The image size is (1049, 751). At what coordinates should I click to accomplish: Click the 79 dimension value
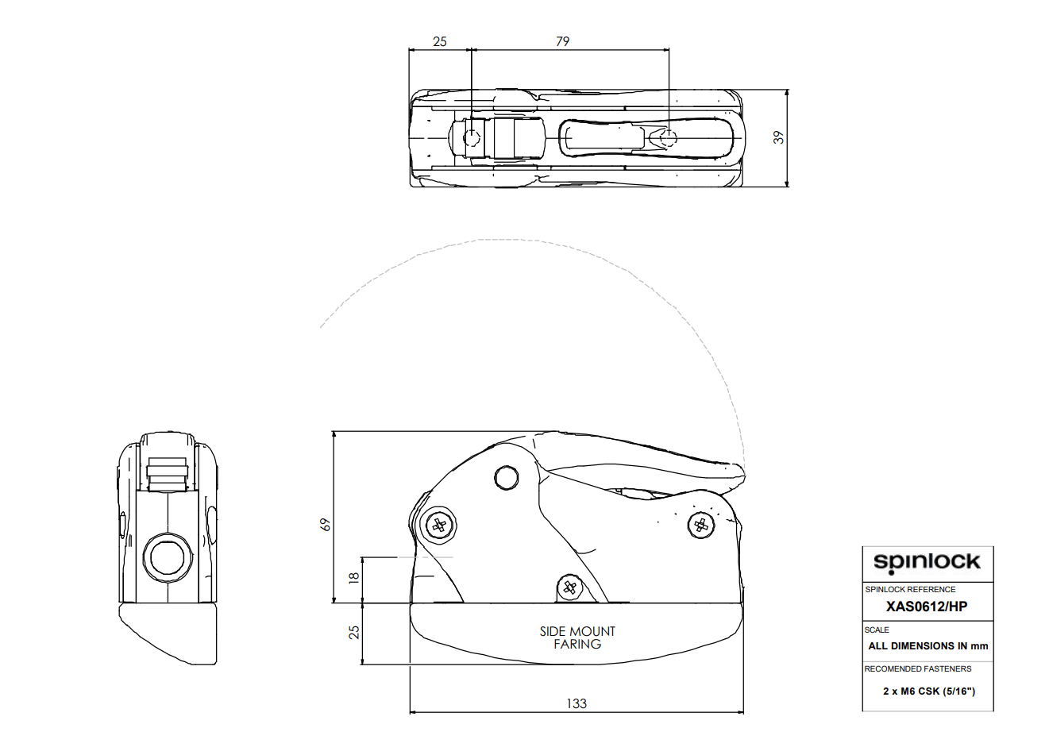pos(562,41)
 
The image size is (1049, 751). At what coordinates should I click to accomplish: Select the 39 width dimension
pos(778,137)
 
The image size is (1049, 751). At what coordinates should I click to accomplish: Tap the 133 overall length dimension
pos(577,703)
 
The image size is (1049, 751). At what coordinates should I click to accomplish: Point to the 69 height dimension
pos(326,525)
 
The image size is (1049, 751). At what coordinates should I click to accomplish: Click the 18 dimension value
pos(354,577)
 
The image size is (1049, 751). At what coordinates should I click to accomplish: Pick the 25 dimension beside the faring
pos(354,633)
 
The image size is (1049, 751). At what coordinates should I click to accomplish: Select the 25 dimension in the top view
pos(440,41)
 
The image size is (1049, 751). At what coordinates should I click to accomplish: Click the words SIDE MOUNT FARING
pos(577,637)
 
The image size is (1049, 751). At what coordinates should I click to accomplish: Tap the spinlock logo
pos(927,562)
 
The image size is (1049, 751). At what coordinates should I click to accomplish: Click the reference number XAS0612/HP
pos(927,607)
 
